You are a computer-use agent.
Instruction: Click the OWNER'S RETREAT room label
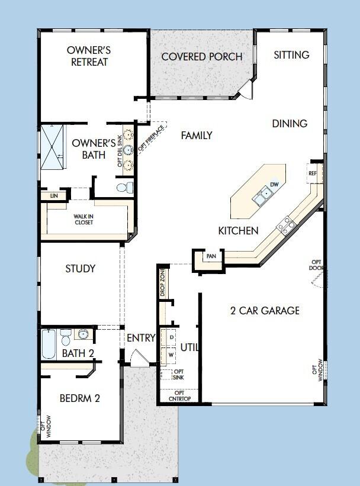(89, 56)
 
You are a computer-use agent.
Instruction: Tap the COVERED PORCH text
(201, 57)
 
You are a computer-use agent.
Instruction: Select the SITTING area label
(291, 54)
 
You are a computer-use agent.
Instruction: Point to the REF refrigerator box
(313, 173)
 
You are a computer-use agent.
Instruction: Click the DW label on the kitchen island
(274, 185)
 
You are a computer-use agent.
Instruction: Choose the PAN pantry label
(211, 256)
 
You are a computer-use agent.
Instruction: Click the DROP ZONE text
(162, 282)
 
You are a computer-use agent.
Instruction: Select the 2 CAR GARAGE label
(265, 310)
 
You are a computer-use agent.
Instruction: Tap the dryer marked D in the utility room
(172, 337)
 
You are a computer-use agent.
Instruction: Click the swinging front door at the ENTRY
(139, 358)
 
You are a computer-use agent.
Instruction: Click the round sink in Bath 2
(83, 335)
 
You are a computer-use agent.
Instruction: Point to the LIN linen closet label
(54, 195)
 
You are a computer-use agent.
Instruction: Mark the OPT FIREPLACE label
(153, 137)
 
